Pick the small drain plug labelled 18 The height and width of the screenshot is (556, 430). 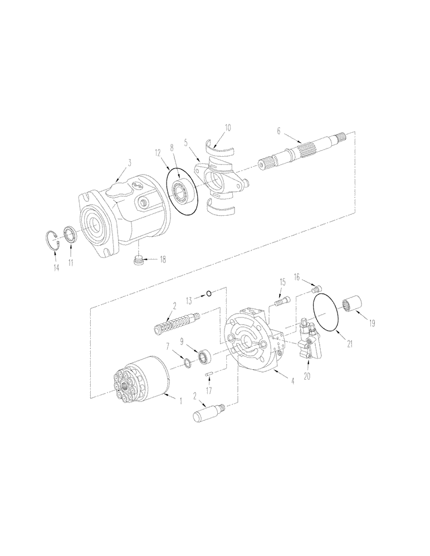[x=140, y=260]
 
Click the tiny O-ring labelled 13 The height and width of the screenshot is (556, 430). [x=208, y=294]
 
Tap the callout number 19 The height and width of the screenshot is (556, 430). [x=372, y=322]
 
